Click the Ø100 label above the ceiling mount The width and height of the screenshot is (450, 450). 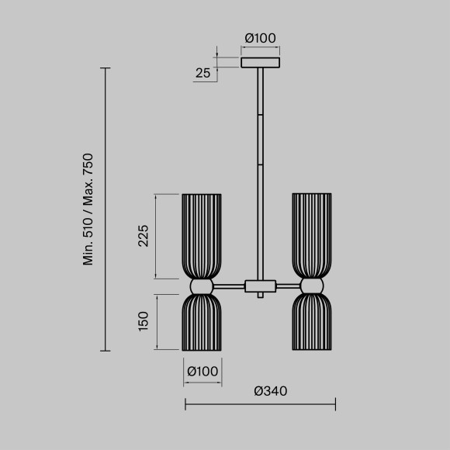[x=260, y=38]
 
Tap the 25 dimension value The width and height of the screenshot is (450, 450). [x=203, y=74]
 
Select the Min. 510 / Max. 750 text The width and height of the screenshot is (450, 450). [x=88, y=209]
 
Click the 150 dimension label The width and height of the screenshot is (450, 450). [x=143, y=321]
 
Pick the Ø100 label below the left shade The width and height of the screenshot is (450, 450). [x=202, y=372]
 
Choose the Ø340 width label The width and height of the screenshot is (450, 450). [x=270, y=391]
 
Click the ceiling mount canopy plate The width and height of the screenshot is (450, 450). [x=260, y=62]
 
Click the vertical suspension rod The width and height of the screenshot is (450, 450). [x=260, y=171]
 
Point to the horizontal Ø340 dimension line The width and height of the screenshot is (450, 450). [x=260, y=403]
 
